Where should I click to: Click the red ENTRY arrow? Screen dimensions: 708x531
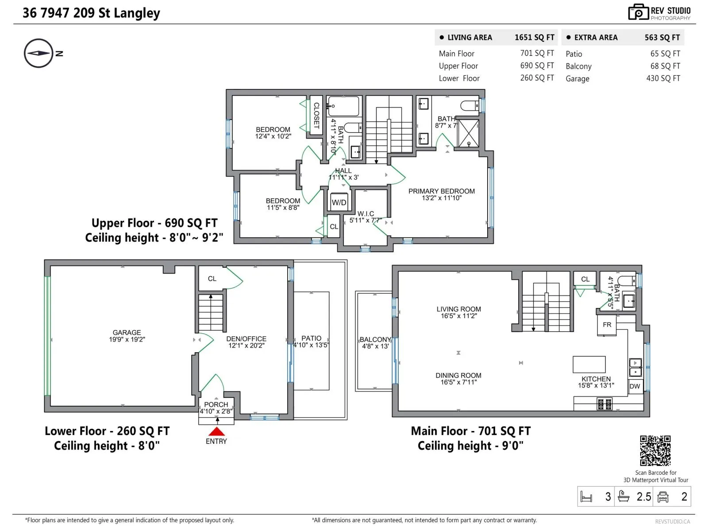click(x=216, y=432)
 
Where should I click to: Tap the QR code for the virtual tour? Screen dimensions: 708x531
click(x=655, y=450)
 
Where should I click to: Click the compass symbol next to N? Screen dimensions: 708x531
click(x=38, y=53)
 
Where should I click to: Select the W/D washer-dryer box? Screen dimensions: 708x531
click(x=339, y=202)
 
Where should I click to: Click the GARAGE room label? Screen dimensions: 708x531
click(x=127, y=332)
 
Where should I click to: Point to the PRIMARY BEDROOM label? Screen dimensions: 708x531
click(x=441, y=191)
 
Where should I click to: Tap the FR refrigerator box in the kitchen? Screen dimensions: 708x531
click(x=607, y=325)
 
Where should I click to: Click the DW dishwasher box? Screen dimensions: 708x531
click(x=635, y=386)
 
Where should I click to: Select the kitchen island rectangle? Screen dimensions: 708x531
click(x=589, y=364)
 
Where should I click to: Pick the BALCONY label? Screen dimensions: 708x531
click(x=375, y=339)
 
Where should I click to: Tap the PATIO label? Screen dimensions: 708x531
click(x=311, y=338)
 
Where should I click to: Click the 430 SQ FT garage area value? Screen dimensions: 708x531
click(x=663, y=78)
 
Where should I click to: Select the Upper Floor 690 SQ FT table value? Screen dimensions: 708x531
click(x=537, y=65)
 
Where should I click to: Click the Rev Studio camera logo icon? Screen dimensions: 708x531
click(x=639, y=12)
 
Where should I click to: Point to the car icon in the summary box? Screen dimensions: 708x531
click(x=663, y=497)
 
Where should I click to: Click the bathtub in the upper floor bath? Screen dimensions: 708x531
click(x=344, y=106)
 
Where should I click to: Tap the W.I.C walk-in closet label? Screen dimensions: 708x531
click(x=366, y=213)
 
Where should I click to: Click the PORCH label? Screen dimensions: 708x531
click(x=216, y=404)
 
